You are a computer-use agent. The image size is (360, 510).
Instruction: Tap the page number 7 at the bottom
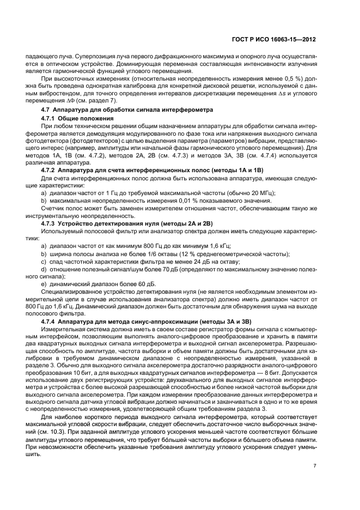tap(314, 465)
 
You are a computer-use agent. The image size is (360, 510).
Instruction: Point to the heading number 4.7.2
tap(49, 171)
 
